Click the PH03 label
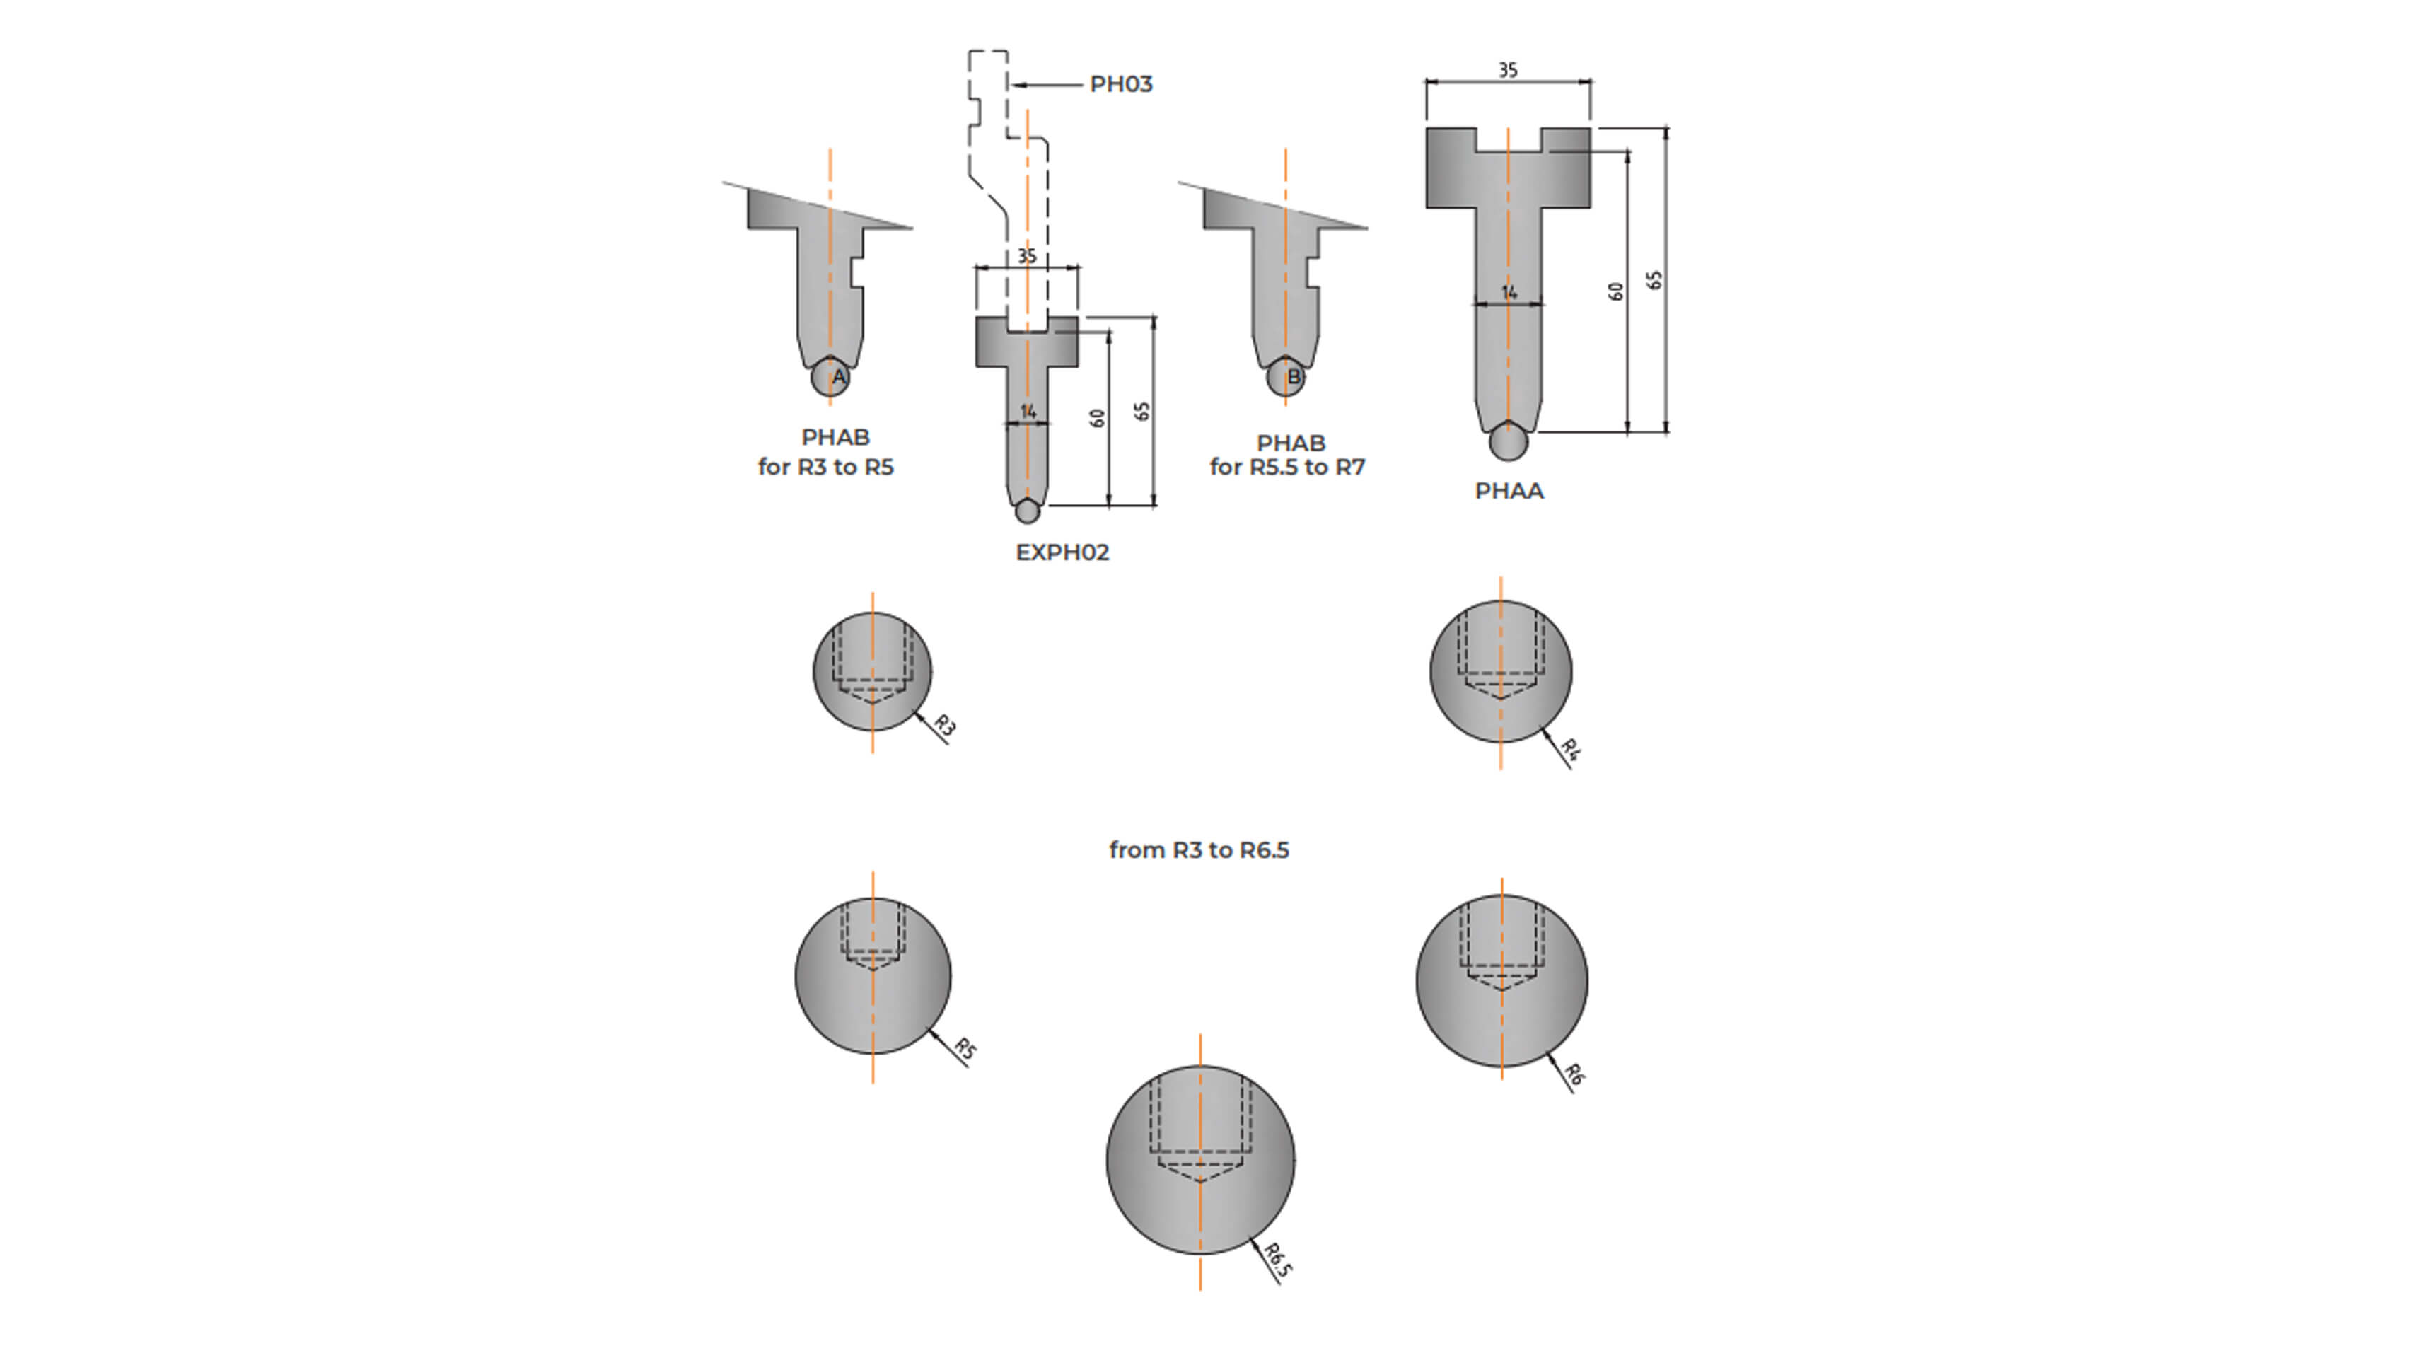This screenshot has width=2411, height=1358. [1120, 84]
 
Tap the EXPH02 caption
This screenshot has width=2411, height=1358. [1062, 552]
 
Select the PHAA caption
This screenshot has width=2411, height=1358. [1509, 490]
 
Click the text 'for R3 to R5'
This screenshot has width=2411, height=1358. [825, 466]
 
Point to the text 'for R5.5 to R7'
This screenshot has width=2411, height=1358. [1287, 466]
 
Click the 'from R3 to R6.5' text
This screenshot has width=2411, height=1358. [1199, 849]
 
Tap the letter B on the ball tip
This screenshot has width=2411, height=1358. [1294, 377]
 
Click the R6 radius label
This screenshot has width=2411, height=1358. [1575, 1074]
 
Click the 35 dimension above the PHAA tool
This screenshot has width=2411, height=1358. [1508, 70]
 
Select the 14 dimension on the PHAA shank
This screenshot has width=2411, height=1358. [1509, 293]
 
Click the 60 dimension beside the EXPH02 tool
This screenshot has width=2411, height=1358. [1098, 418]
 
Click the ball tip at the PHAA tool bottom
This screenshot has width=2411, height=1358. [1508, 441]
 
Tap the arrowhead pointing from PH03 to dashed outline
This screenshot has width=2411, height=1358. [1018, 85]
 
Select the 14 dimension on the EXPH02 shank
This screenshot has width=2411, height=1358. [1028, 412]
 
